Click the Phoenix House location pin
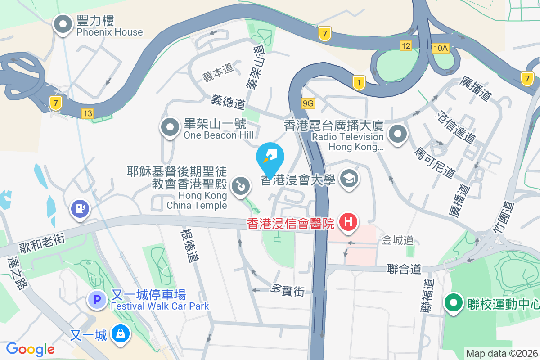[63, 25]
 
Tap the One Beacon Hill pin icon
[170, 128]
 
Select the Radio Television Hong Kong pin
[398, 135]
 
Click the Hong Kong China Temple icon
[240, 186]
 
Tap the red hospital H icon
[348, 221]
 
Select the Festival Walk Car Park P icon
[97, 300]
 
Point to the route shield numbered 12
[406, 45]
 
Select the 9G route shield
[308, 104]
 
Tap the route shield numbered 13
[88, 113]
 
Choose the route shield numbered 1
[359, 82]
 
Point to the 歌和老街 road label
[42, 242]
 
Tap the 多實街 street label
[288, 290]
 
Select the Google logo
[30, 349]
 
